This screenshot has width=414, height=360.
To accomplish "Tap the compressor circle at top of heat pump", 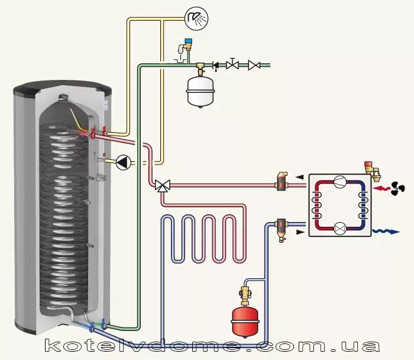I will (x=339, y=182).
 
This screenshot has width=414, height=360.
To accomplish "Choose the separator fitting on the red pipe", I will (x=282, y=181).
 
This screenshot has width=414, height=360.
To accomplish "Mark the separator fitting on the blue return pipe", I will (x=282, y=228).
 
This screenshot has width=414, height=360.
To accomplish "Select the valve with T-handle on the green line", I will (x=233, y=64).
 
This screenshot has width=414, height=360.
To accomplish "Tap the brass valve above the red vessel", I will (x=243, y=293).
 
